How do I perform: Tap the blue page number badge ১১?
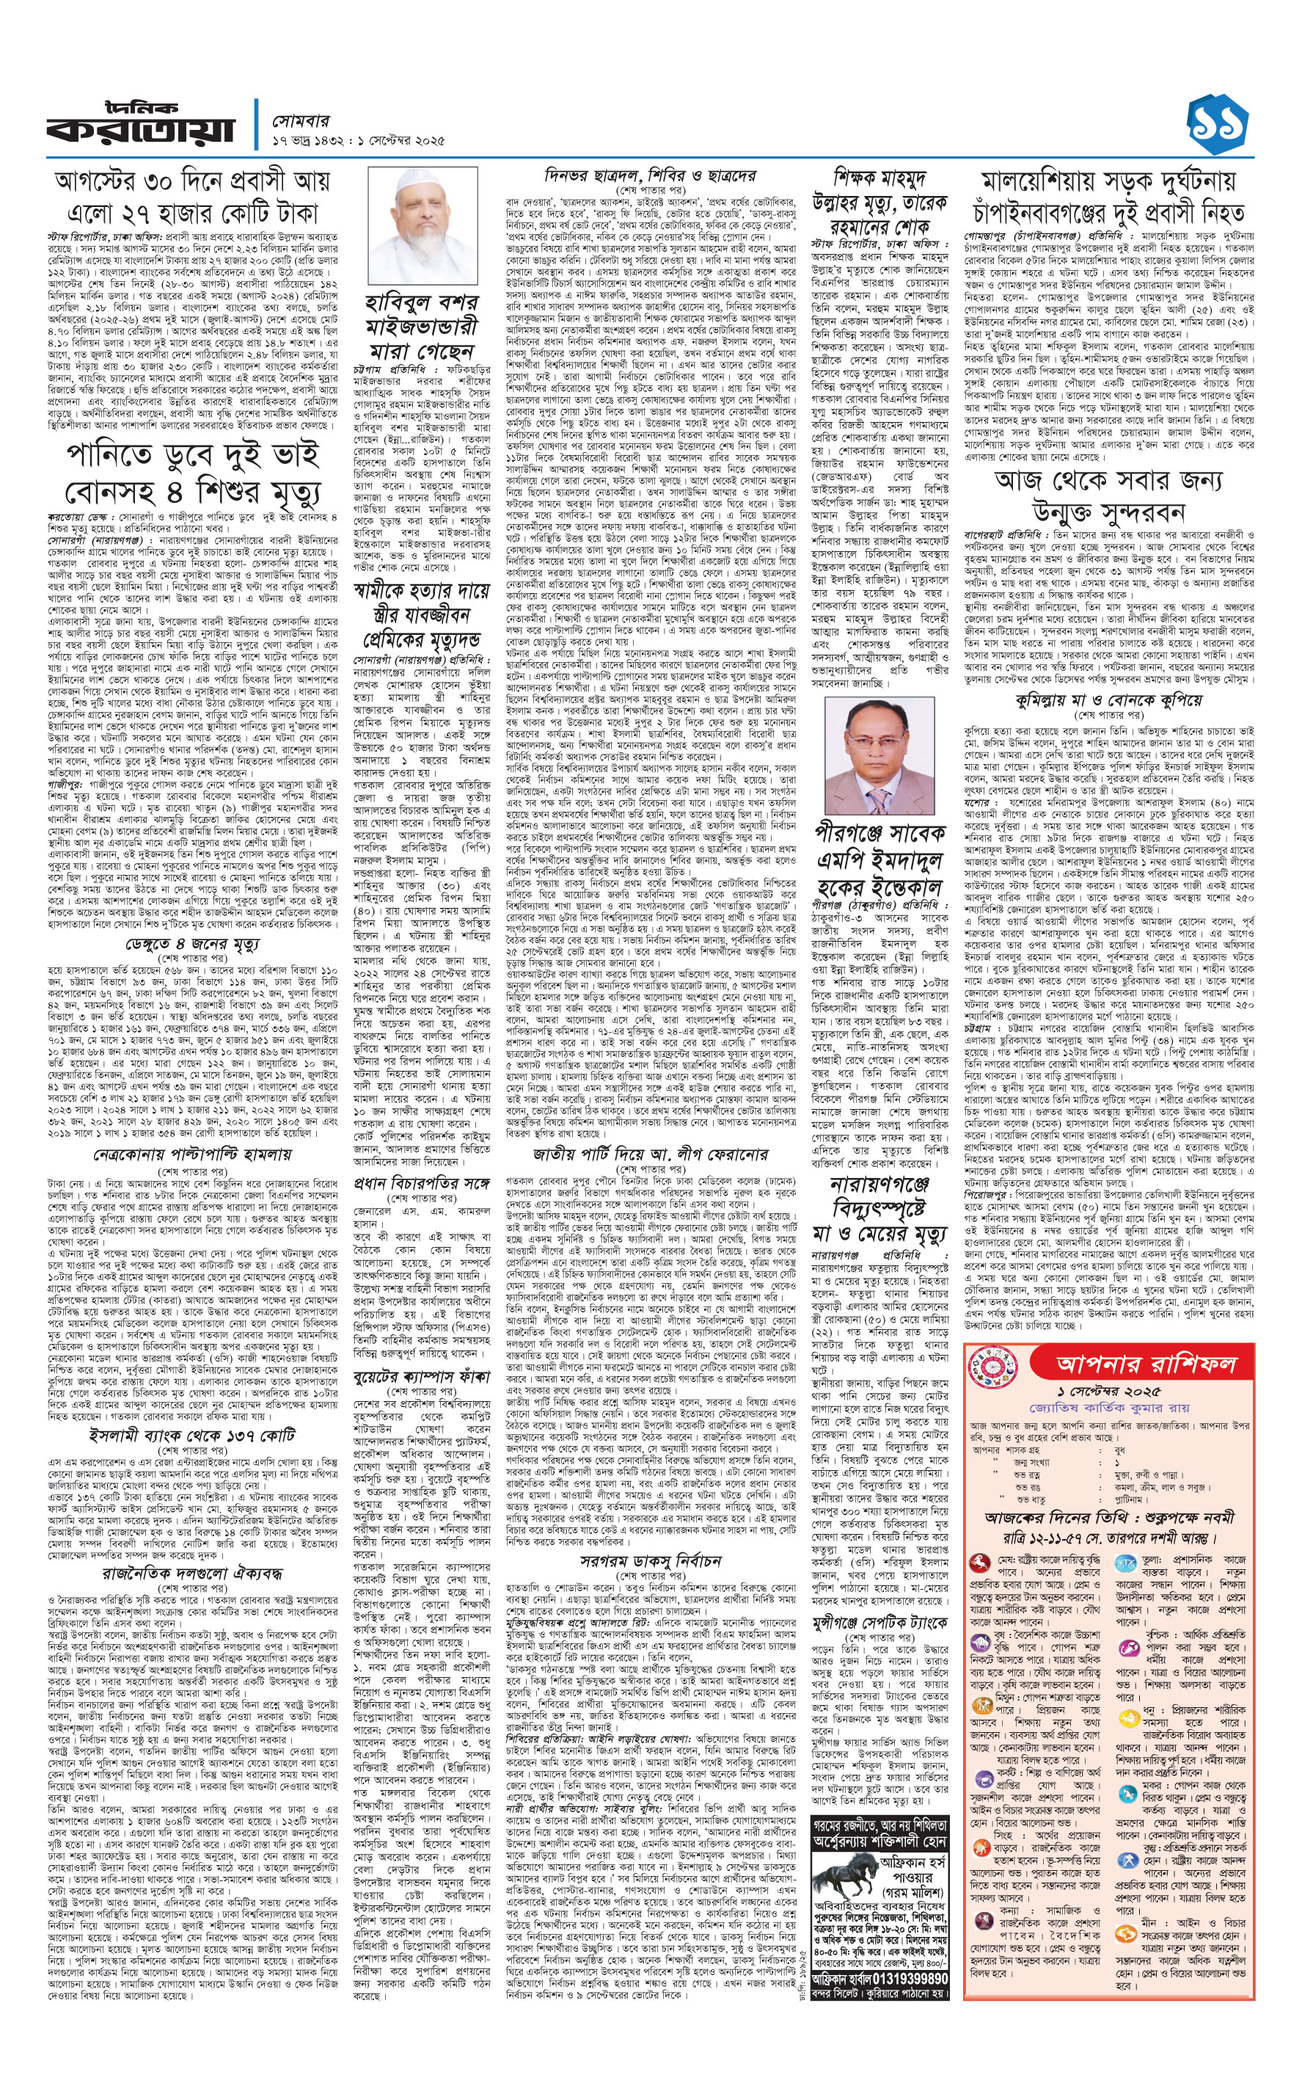pos(1217,126)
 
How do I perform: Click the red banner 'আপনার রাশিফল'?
pos(1145,1364)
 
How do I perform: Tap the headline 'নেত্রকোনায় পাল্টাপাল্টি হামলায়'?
pos(192,1155)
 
